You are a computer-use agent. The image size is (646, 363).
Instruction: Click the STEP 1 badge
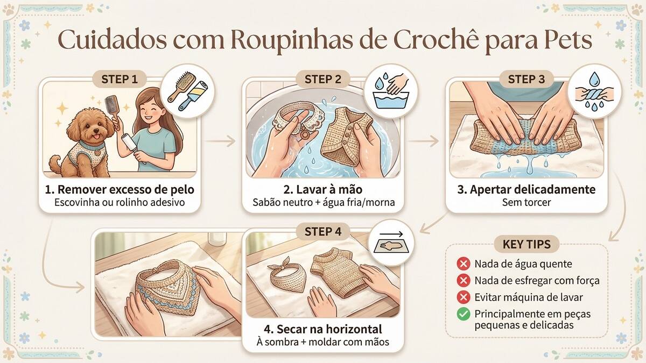click(x=120, y=79)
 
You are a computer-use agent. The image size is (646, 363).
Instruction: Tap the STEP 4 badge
click(x=323, y=232)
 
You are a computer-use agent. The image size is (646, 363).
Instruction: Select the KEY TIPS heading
click(x=526, y=244)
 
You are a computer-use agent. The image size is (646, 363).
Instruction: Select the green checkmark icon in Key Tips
click(x=464, y=314)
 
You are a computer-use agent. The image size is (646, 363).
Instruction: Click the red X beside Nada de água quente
click(x=464, y=264)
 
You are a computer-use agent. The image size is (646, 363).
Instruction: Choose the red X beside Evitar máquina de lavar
click(x=464, y=297)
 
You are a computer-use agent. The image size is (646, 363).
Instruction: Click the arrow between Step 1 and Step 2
click(x=221, y=141)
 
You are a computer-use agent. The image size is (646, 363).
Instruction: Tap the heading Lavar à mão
click(x=323, y=189)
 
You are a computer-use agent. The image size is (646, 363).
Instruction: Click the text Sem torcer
click(x=526, y=202)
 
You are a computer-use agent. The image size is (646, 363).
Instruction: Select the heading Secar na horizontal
click(x=323, y=329)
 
